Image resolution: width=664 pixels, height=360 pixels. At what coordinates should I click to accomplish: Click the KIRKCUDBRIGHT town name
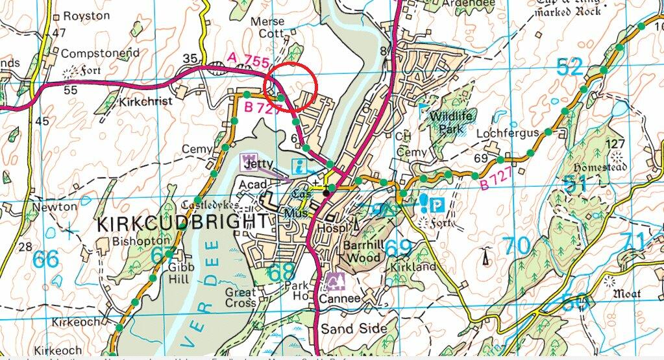coord(181,224)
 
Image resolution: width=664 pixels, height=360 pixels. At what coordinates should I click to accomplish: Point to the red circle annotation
coord(291,86)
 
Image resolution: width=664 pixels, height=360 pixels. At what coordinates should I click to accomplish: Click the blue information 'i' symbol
coord(299,165)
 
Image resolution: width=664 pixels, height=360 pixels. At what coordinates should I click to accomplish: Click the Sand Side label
coord(354,328)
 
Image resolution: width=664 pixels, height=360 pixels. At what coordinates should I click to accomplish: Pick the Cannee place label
coord(339,299)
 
